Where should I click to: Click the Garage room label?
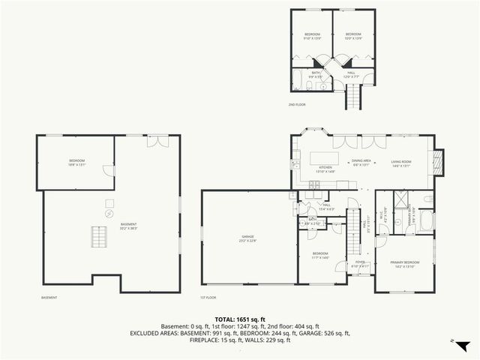coord(248,238)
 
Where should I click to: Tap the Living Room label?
coord(401,163)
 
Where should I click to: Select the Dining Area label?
coord(362,163)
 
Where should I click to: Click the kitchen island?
coord(323,158)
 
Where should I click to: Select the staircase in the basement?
coord(97,236)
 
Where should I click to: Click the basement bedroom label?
coord(77,163)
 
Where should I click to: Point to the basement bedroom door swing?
coord(109,172)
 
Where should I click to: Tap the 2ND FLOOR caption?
coord(296,105)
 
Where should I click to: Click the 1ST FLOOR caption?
coord(208,298)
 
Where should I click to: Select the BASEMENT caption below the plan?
coord(49,298)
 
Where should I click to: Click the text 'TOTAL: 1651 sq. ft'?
coord(240,319)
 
